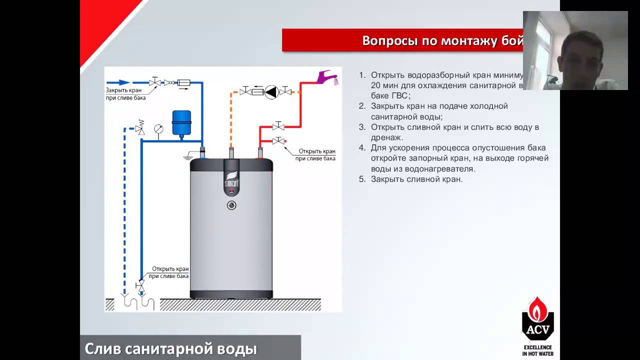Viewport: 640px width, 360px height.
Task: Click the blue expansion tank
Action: point(181,123)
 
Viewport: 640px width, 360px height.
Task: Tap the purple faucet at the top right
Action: point(328,77)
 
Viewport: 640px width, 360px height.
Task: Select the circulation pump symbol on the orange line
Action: point(271,91)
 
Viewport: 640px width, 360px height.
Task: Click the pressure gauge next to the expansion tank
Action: point(158,128)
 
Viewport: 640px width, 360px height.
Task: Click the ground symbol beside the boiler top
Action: point(188,156)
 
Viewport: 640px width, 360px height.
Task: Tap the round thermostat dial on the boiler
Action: point(231,205)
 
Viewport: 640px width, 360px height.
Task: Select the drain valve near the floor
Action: point(140,286)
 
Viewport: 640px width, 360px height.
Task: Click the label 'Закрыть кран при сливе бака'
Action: point(125,94)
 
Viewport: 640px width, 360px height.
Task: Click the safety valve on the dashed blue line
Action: point(140,128)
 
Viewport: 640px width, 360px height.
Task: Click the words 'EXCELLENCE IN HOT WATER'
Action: point(538,350)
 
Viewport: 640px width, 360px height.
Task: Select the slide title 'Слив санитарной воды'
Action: point(171,348)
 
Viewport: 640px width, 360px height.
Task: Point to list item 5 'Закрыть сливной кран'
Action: point(416,179)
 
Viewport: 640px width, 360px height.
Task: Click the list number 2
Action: point(362,106)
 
